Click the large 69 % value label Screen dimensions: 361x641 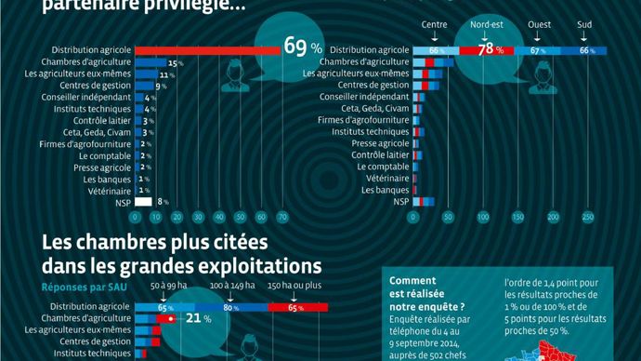click(x=302, y=47)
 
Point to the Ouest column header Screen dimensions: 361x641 click(x=539, y=24)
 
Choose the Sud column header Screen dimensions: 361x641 click(x=584, y=24)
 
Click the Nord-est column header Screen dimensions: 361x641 click(x=488, y=24)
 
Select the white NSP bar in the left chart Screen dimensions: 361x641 click(x=143, y=201)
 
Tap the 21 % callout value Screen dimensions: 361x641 click(x=191, y=318)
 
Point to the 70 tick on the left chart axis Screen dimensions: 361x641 click(x=281, y=217)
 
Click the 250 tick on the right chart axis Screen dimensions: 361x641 click(x=587, y=217)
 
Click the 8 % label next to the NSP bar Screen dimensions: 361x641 click(x=162, y=201)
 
